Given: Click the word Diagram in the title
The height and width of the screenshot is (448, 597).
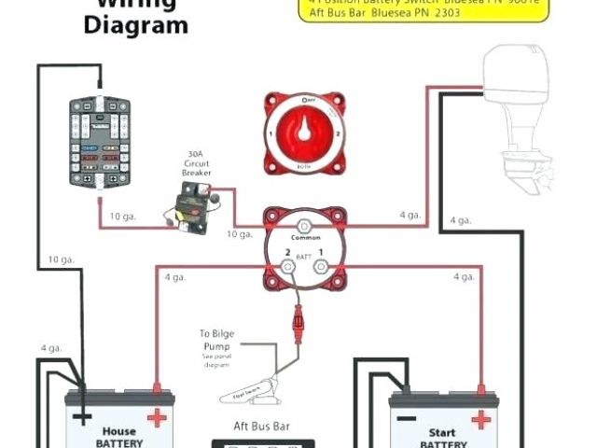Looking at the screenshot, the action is point(135,25).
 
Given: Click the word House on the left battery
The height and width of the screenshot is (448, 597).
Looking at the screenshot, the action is point(118,432).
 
